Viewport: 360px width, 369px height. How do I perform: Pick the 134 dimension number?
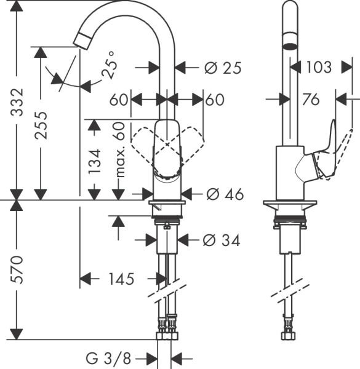coord(93,163)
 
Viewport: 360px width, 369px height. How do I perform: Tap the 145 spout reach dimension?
coord(121,279)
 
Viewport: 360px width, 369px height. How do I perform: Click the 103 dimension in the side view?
coord(318,67)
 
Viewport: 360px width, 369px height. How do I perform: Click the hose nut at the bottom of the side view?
coord(288,335)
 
